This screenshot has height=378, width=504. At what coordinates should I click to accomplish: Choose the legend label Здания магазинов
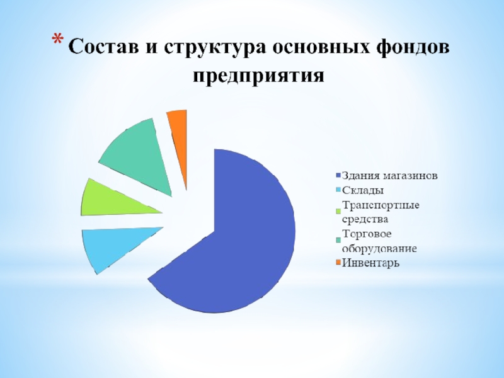[x=389, y=176]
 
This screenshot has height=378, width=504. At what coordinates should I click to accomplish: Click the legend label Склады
[x=363, y=190]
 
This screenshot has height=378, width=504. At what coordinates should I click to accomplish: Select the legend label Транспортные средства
[x=381, y=212]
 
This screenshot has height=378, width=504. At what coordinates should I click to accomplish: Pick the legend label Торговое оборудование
[x=379, y=241]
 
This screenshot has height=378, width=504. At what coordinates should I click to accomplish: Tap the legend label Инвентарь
[x=370, y=263]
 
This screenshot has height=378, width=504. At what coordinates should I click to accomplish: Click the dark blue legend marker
[x=338, y=176]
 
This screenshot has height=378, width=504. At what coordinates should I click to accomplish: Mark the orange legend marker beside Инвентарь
[x=338, y=263]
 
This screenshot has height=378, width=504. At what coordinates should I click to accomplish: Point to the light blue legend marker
[x=338, y=190]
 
